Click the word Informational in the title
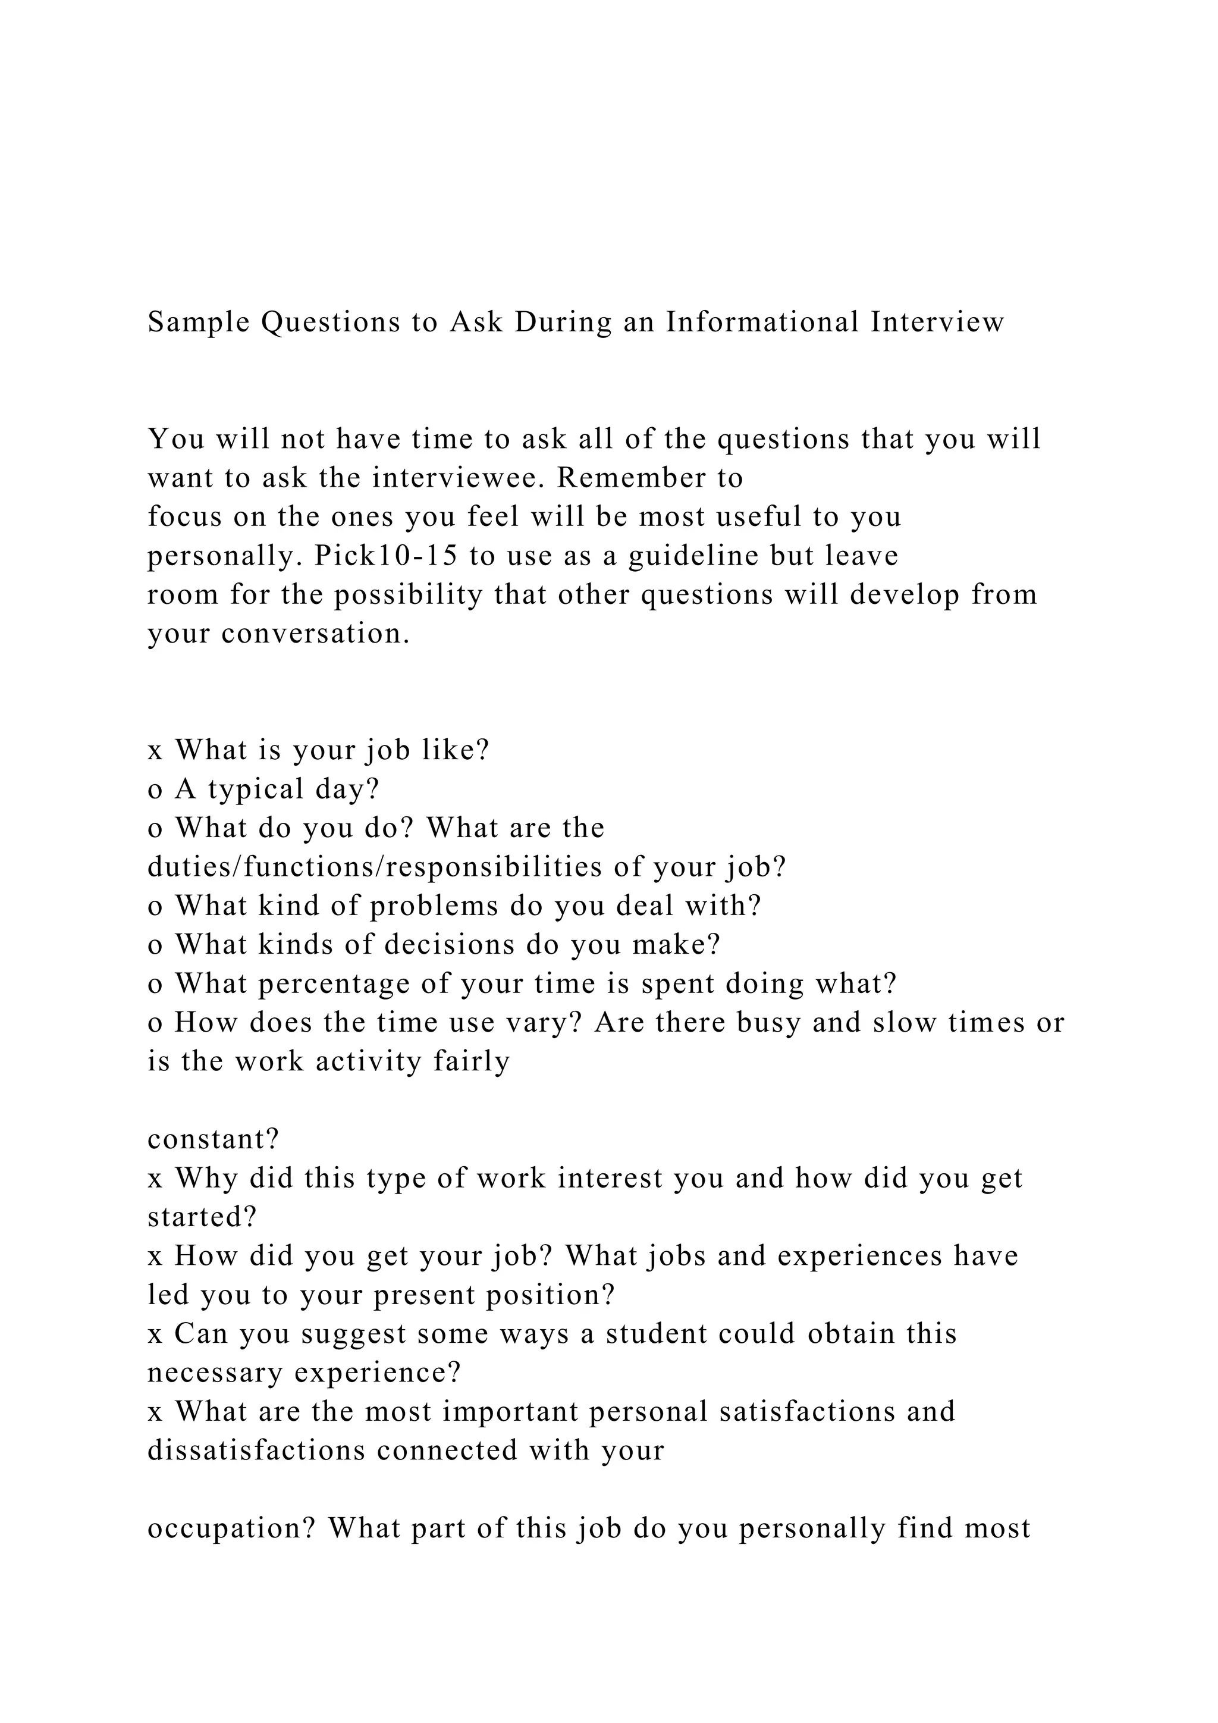[x=762, y=322]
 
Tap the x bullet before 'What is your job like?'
[x=155, y=750]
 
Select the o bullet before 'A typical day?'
[x=155, y=790]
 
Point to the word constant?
[x=213, y=1140]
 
